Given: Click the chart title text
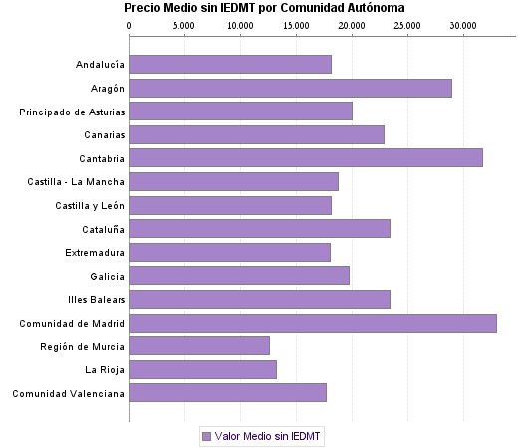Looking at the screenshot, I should pyautogui.click(x=264, y=8).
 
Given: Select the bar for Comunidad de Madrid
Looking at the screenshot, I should pyautogui.click(x=313, y=323).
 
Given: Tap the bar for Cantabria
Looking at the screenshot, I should pyautogui.click(x=306, y=157).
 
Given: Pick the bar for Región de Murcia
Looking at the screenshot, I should pyautogui.click(x=199, y=345).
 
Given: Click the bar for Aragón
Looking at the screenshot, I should pyautogui.click(x=290, y=89).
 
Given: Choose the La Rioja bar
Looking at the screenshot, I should pyautogui.click(x=202, y=369).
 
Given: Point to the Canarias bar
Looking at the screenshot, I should pyautogui.click(x=256, y=134).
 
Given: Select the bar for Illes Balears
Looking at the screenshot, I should pyautogui.click(x=259, y=299).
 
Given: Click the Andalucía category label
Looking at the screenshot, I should pyautogui.click(x=100, y=65).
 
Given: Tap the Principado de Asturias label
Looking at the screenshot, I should pyautogui.click(x=72, y=112).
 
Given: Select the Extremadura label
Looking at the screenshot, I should pyautogui.click(x=95, y=252).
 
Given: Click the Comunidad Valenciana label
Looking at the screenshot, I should pyautogui.click(x=69, y=393).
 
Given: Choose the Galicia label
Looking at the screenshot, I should pyautogui.click(x=107, y=276).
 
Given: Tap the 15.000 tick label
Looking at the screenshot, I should pyautogui.click(x=295, y=25).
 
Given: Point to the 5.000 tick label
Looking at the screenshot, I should pyautogui.click(x=184, y=25).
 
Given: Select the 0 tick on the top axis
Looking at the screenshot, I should pyautogui.click(x=130, y=25).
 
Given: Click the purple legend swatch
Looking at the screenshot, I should pyautogui.click(x=206, y=436).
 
